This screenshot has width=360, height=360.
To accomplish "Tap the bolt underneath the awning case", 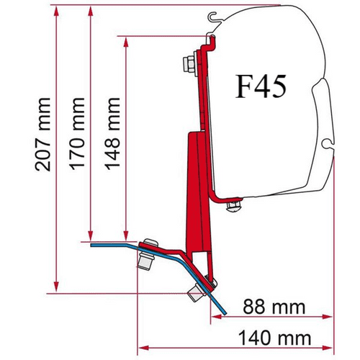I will (232, 208).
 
